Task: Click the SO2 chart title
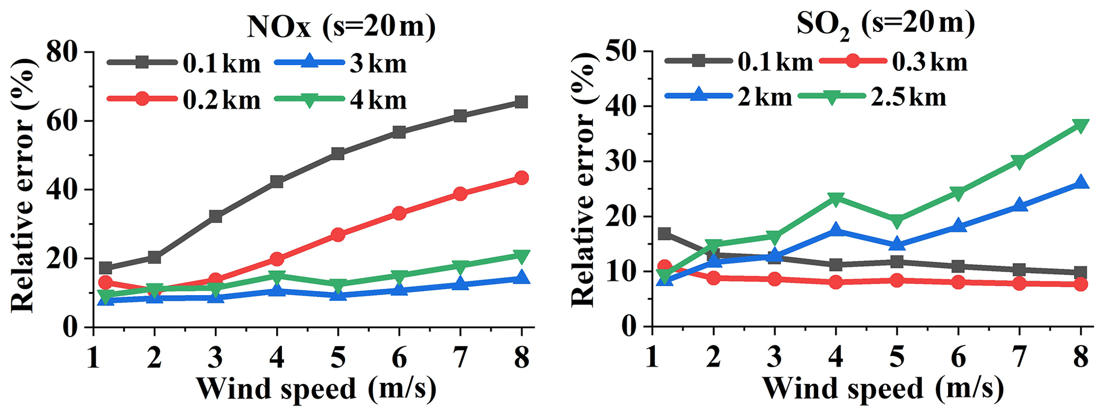(886, 25)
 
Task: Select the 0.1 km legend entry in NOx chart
(184, 64)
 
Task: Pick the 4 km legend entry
(340, 100)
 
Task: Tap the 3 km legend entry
(340, 64)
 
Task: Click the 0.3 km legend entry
(892, 62)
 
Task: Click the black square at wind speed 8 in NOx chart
(521, 102)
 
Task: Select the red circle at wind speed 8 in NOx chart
(521, 178)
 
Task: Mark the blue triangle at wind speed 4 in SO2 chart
(836, 230)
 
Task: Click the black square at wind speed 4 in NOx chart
(277, 182)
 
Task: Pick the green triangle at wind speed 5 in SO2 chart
(897, 220)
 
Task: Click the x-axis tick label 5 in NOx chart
(338, 357)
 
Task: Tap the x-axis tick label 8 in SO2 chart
(1080, 357)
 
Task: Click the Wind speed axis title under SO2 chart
(882, 389)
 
